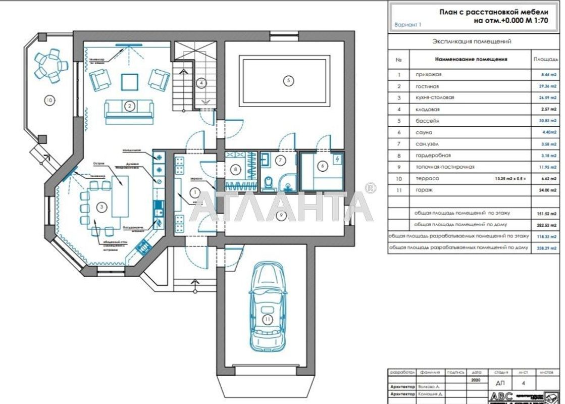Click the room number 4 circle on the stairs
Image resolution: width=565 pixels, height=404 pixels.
pyautogui.click(x=201, y=82)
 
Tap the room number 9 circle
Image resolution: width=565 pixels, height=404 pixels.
pyautogui.click(x=282, y=215)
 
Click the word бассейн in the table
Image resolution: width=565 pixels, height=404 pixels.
pyautogui.click(x=423, y=121)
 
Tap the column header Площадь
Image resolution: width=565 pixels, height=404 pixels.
pyautogui.click(x=546, y=59)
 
